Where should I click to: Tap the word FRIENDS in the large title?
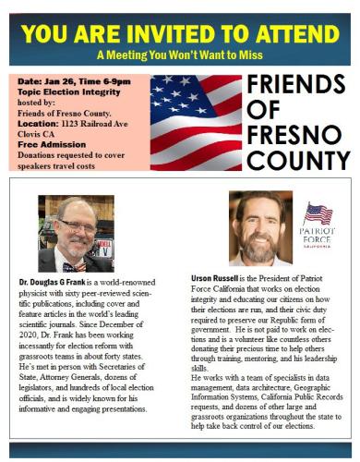click(298, 87)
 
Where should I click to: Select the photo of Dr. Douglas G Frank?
click(76, 234)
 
